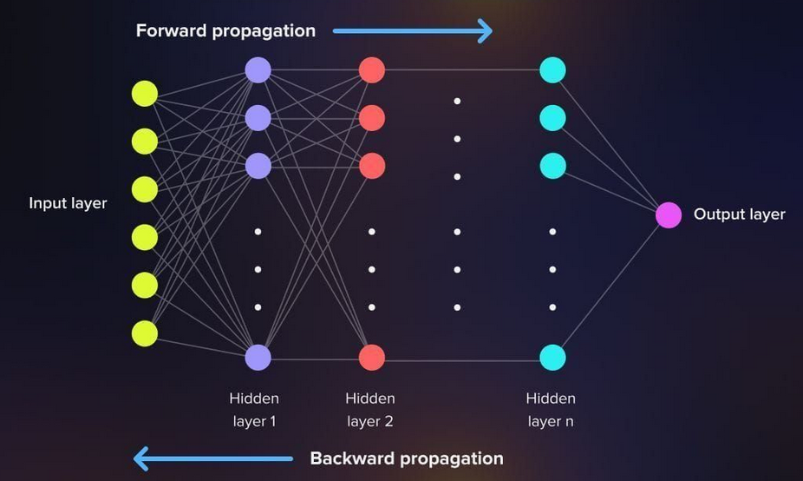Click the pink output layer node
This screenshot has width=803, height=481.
[x=669, y=214]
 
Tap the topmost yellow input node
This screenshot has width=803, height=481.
[x=145, y=93]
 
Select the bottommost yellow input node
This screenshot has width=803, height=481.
[x=145, y=333]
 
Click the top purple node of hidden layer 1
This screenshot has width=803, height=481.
[x=258, y=69]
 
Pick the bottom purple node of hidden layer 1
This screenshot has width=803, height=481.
[x=258, y=357]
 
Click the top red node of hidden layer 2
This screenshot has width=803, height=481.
[x=371, y=69]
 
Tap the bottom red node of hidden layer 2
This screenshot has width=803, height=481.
[x=371, y=357]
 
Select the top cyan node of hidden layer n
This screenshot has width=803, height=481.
[x=552, y=69]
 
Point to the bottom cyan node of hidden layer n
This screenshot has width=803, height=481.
[x=552, y=357]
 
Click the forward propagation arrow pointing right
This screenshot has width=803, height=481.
[x=412, y=32]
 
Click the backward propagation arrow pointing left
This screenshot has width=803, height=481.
[x=213, y=458]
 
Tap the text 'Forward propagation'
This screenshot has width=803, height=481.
[x=225, y=31]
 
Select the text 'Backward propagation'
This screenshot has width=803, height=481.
[x=406, y=458]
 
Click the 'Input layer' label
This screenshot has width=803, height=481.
[x=68, y=203]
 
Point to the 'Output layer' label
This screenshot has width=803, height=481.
[x=739, y=214]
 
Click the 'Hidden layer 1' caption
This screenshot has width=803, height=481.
[x=254, y=410]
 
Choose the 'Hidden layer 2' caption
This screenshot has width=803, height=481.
[x=370, y=410]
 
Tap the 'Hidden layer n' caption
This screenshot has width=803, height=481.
[x=551, y=410]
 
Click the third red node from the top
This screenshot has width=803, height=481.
[x=371, y=165]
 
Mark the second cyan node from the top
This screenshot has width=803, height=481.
[x=552, y=117]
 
